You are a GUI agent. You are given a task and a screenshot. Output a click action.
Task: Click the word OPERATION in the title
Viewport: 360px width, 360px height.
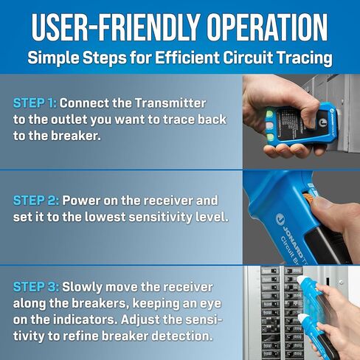point(267,27)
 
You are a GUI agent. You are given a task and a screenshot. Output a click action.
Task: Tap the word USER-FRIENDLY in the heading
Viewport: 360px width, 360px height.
point(115,27)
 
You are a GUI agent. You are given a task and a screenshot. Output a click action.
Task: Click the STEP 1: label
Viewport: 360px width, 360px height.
point(35,103)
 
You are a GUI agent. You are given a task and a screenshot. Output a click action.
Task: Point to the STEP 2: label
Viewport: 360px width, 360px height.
point(36,201)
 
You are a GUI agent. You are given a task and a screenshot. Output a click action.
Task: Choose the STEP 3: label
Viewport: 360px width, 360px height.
point(36,287)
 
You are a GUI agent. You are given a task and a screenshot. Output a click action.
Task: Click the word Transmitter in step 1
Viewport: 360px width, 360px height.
point(170,103)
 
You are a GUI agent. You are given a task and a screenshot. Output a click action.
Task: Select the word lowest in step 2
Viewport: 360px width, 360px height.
point(105,217)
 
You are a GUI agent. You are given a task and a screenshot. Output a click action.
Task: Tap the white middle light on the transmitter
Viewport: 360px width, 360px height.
point(270,125)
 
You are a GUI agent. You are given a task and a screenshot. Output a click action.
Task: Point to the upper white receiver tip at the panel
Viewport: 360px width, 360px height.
point(302,280)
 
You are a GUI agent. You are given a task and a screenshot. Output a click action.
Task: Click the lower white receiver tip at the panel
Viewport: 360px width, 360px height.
point(304,319)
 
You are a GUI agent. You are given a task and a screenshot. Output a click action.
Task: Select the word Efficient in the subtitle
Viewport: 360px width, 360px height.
point(187,58)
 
